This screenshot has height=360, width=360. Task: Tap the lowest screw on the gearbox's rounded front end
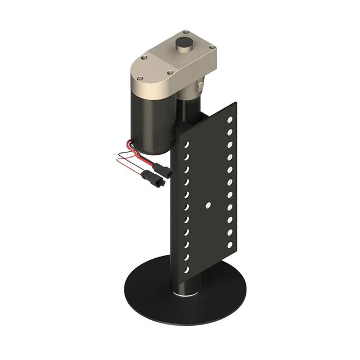coord(169,72)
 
